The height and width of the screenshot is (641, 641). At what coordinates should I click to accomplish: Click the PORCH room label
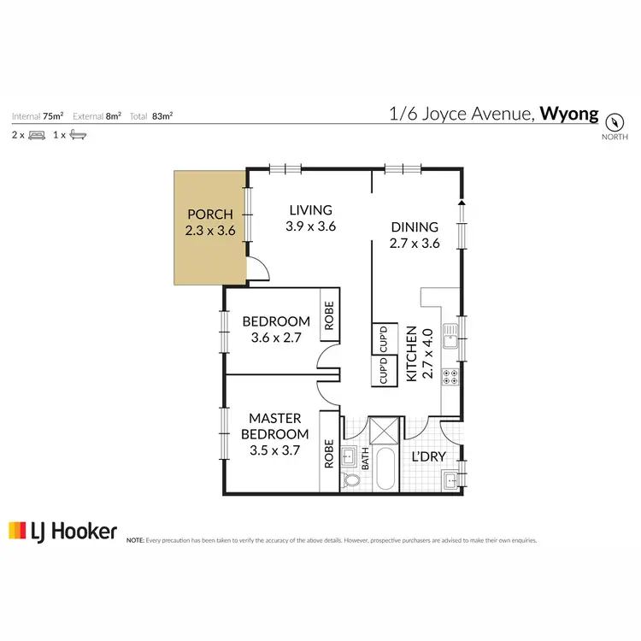click(210, 214)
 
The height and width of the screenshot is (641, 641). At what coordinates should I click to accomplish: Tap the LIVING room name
click(309, 210)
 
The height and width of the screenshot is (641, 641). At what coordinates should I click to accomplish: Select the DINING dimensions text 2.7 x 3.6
click(415, 244)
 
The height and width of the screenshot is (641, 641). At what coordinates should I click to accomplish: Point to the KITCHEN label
click(411, 353)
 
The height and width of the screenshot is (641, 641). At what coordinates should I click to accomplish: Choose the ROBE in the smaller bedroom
click(329, 315)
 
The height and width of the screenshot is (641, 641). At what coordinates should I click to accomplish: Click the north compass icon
click(614, 120)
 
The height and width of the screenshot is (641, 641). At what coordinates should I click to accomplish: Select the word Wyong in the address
click(570, 115)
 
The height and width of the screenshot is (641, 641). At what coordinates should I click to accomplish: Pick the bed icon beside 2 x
click(37, 135)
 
